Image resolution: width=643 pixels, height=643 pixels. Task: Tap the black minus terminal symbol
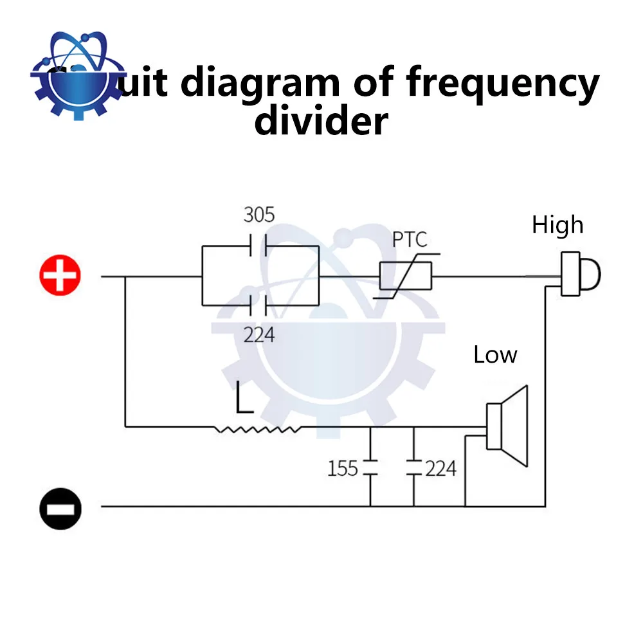click(60, 507)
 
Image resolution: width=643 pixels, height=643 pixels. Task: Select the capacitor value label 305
click(259, 215)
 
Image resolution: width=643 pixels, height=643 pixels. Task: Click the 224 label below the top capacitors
click(259, 334)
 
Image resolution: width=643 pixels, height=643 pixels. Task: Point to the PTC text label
click(410, 240)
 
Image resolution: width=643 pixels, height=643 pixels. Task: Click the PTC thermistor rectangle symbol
click(405, 277)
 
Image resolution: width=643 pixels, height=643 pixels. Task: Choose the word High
click(557, 225)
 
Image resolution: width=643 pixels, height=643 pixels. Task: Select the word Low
click(495, 355)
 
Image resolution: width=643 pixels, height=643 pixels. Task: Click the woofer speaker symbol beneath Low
click(508, 426)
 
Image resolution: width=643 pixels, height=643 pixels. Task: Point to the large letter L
click(243, 397)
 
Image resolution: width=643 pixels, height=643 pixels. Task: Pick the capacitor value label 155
click(342, 468)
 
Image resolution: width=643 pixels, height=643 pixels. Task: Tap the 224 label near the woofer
click(440, 468)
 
